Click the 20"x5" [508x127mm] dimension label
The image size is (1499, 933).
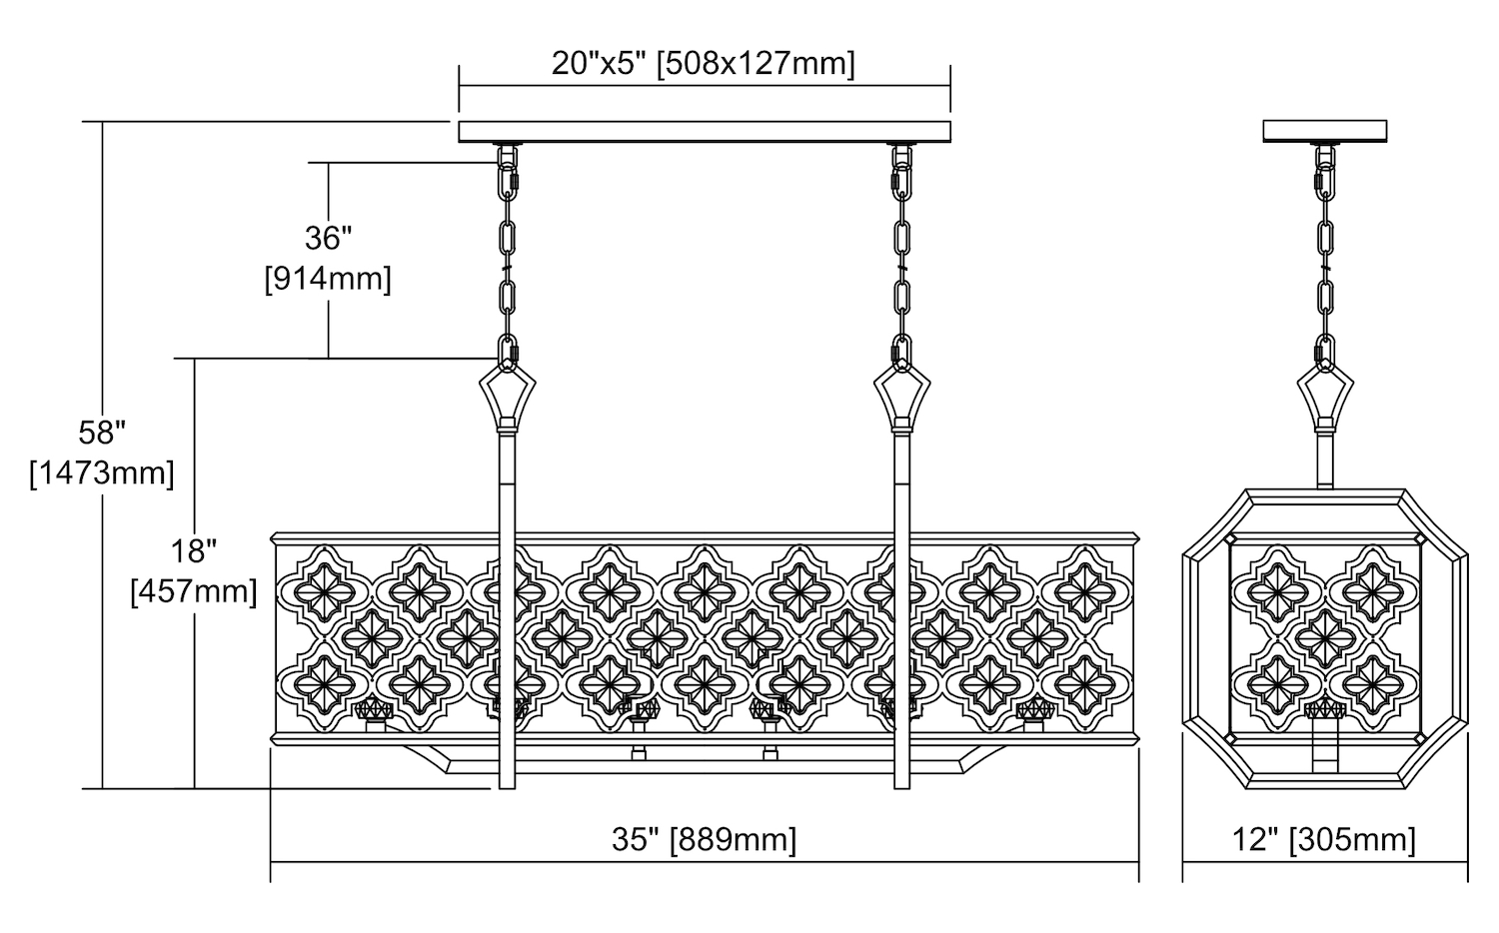coord(704,64)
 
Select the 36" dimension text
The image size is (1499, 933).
coord(328,238)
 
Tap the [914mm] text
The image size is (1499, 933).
coord(328,279)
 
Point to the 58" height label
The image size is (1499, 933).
coord(102,433)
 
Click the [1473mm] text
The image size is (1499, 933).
coord(102,472)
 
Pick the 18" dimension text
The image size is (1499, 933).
coord(194,551)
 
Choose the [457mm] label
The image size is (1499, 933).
coord(194,591)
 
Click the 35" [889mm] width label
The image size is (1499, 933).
coord(704,839)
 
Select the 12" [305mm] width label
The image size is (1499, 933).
coord(1324,839)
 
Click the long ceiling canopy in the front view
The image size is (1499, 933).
coord(705,131)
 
